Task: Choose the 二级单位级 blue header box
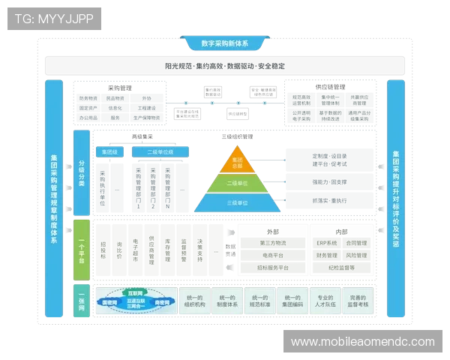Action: coord(160,151)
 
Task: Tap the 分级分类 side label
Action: coord(81,172)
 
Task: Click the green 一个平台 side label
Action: coord(81,248)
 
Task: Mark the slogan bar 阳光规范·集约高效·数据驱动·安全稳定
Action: coord(225,66)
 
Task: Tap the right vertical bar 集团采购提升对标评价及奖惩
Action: coord(395,199)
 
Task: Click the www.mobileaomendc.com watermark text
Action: coord(362,342)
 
